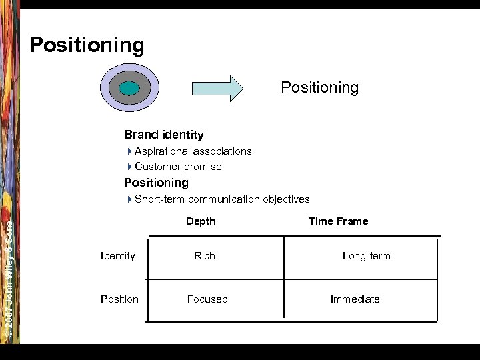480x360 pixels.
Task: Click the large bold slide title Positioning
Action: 87,45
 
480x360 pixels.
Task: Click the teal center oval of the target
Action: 129,88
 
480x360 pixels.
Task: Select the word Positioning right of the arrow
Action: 319,88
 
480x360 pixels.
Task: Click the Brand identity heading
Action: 163,135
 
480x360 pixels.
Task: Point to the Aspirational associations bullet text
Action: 193,151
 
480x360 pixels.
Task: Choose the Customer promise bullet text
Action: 178,167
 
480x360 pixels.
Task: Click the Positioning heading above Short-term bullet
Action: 156,183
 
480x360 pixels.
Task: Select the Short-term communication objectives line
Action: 221,199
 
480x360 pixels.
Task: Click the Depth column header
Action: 201,221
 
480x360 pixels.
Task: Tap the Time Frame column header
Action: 338,221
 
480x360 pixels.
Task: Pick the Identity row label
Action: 117,256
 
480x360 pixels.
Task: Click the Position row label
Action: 119,299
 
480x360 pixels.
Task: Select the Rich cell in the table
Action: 205,256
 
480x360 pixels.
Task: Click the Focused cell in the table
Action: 207,299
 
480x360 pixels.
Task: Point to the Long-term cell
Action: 366,256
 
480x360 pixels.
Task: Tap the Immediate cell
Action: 355,299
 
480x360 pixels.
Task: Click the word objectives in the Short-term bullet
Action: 286,199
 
